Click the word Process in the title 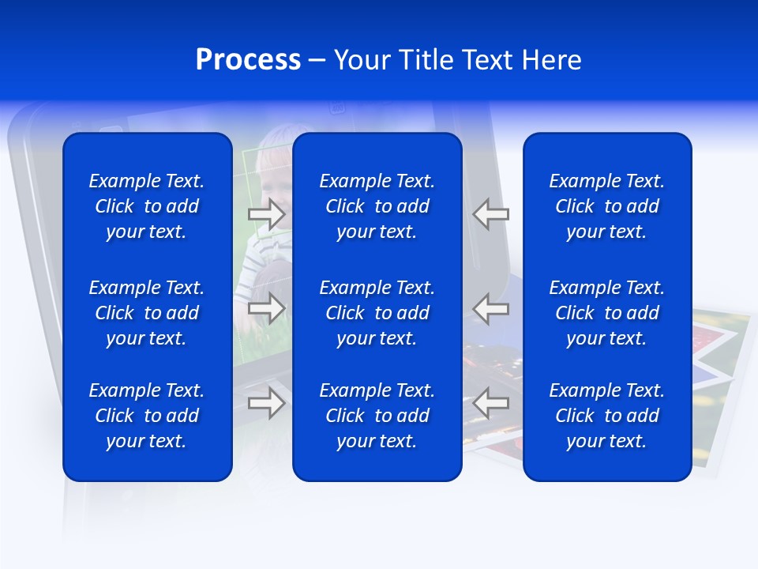coord(248,60)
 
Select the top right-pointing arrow coord(267,214)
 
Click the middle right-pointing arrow coord(267,308)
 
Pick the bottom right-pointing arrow coord(267,403)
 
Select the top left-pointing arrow coord(491,214)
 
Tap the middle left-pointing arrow coord(491,308)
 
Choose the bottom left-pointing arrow coord(491,403)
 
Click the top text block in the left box coord(147,206)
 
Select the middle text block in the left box coord(147,313)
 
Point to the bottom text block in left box coord(147,416)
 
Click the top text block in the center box coord(377,206)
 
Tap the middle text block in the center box coord(377,313)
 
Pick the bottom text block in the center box coord(377,416)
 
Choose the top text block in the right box coord(607,206)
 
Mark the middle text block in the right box coord(607,313)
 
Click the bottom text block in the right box coord(607,416)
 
